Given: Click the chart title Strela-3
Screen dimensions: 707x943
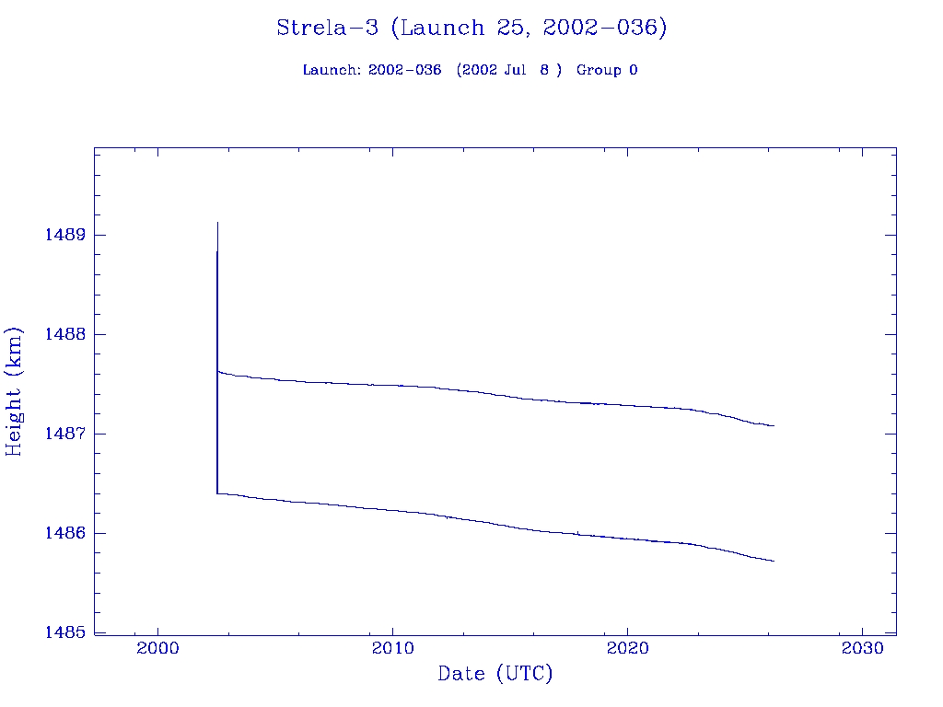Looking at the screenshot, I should click(x=327, y=28).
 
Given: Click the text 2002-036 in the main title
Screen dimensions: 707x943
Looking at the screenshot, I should click(x=604, y=28).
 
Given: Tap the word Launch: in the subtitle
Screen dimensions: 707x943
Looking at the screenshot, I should click(x=332, y=70).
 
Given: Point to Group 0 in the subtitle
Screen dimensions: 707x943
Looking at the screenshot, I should click(x=607, y=70).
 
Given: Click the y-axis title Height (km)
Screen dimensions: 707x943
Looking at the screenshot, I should click(x=15, y=390).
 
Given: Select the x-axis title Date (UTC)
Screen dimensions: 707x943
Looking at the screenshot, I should click(x=495, y=674).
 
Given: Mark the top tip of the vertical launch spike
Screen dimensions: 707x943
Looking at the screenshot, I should click(x=217, y=223).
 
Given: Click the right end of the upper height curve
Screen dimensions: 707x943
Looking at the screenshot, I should click(x=774, y=425).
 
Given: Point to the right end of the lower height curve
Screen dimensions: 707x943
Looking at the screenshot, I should click(x=774, y=561).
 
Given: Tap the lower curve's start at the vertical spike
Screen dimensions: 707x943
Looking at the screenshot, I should click(x=217, y=493).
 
